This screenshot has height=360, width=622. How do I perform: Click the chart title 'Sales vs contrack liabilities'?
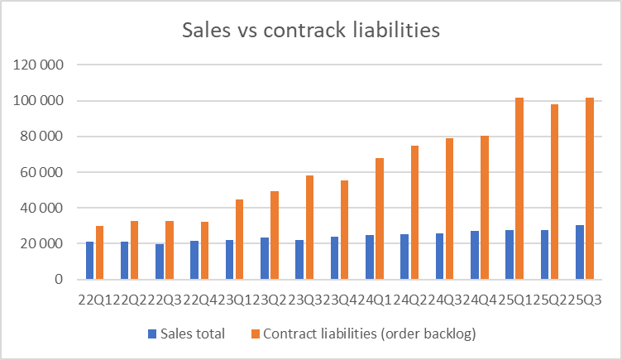(x=310, y=31)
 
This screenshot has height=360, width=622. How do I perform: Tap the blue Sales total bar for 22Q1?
(x=89, y=261)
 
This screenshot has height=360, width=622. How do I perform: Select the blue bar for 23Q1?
(x=229, y=260)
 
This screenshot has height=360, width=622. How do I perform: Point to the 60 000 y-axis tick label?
(x=36, y=172)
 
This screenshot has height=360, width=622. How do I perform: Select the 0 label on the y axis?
(x=58, y=280)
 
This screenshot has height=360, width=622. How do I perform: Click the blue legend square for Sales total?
(x=151, y=334)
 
